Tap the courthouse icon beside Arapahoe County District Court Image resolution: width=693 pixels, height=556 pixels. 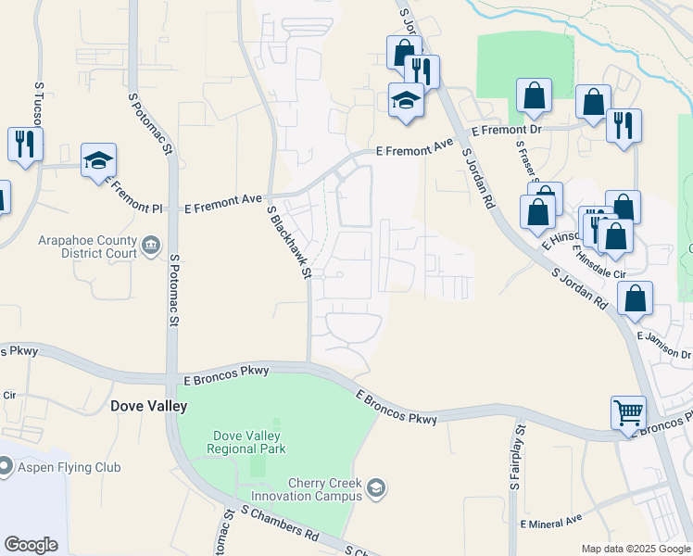point(151,246)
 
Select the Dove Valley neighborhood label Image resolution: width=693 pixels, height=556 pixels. point(148,406)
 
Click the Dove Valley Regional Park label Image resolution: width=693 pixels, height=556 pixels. point(249,442)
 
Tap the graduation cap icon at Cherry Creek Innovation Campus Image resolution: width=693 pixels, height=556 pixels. point(375,487)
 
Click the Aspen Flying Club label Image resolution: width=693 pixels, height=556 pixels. point(69,467)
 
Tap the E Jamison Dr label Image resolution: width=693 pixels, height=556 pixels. point(664,346)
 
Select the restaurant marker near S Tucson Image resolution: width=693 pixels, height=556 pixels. point(24,144)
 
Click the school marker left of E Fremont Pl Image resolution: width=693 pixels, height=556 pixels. point(98,160)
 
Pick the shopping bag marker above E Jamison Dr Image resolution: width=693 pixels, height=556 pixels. point(635,298)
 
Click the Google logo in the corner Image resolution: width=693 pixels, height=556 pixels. point(31,544)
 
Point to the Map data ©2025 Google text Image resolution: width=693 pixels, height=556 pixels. point(635,549)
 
